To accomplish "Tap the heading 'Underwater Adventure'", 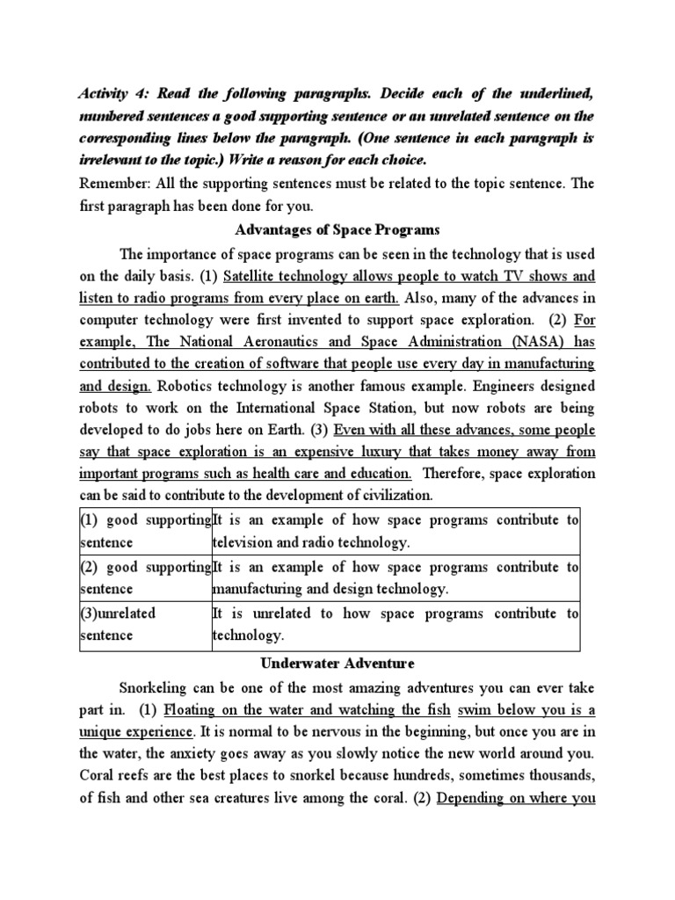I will (337, 662).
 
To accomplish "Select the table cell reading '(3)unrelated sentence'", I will (146, 624).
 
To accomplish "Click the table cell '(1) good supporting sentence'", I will (146, 531).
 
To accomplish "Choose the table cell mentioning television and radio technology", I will (396, 531).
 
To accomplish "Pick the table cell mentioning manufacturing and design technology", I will (396, 577).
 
